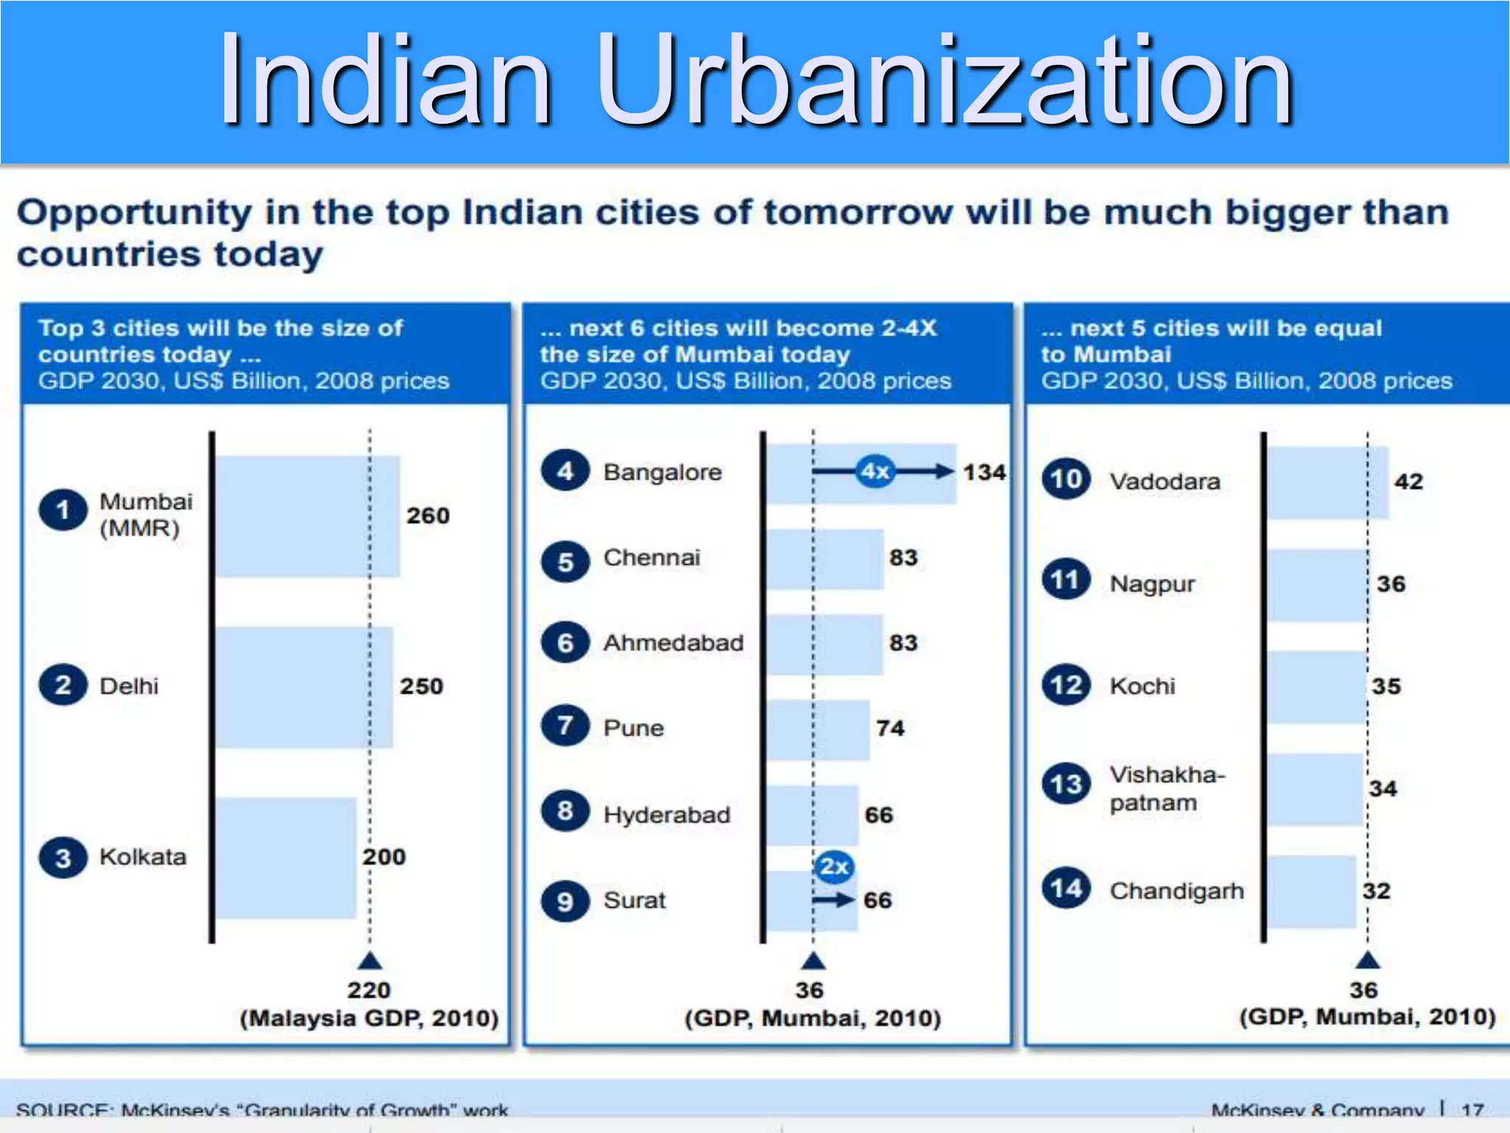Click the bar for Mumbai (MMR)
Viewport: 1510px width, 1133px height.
tap(307, 516)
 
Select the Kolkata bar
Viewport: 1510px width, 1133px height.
tap(286, 857)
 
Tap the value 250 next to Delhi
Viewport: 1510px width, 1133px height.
tap(421, 686)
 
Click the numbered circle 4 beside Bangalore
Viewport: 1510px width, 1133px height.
tap(565, 471)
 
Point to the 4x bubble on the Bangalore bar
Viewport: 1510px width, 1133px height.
tap(875, 471)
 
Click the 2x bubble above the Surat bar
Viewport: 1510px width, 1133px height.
tap(834, 867)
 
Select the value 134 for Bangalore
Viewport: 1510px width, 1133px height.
tap(984, 472)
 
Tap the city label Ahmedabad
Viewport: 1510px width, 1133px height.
tap(673, 642)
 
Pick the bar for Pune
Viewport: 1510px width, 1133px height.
tap(818, 729)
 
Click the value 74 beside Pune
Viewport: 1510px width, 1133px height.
tap(890, 728)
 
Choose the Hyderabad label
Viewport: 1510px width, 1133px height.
tap(667, 814)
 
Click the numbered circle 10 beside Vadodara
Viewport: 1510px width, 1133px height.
tap(1065, 479)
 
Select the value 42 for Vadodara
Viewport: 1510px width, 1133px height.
tap(1408, 482)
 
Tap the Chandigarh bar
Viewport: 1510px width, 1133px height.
tap(1311, 891)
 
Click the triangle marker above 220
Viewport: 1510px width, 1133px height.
tap(369, 960)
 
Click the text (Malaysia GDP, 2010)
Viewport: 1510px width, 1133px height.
tap(369, 1019)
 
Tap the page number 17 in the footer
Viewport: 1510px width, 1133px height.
tap(1472, 1109)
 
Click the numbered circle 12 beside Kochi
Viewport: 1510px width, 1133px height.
tap(1065, 685)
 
